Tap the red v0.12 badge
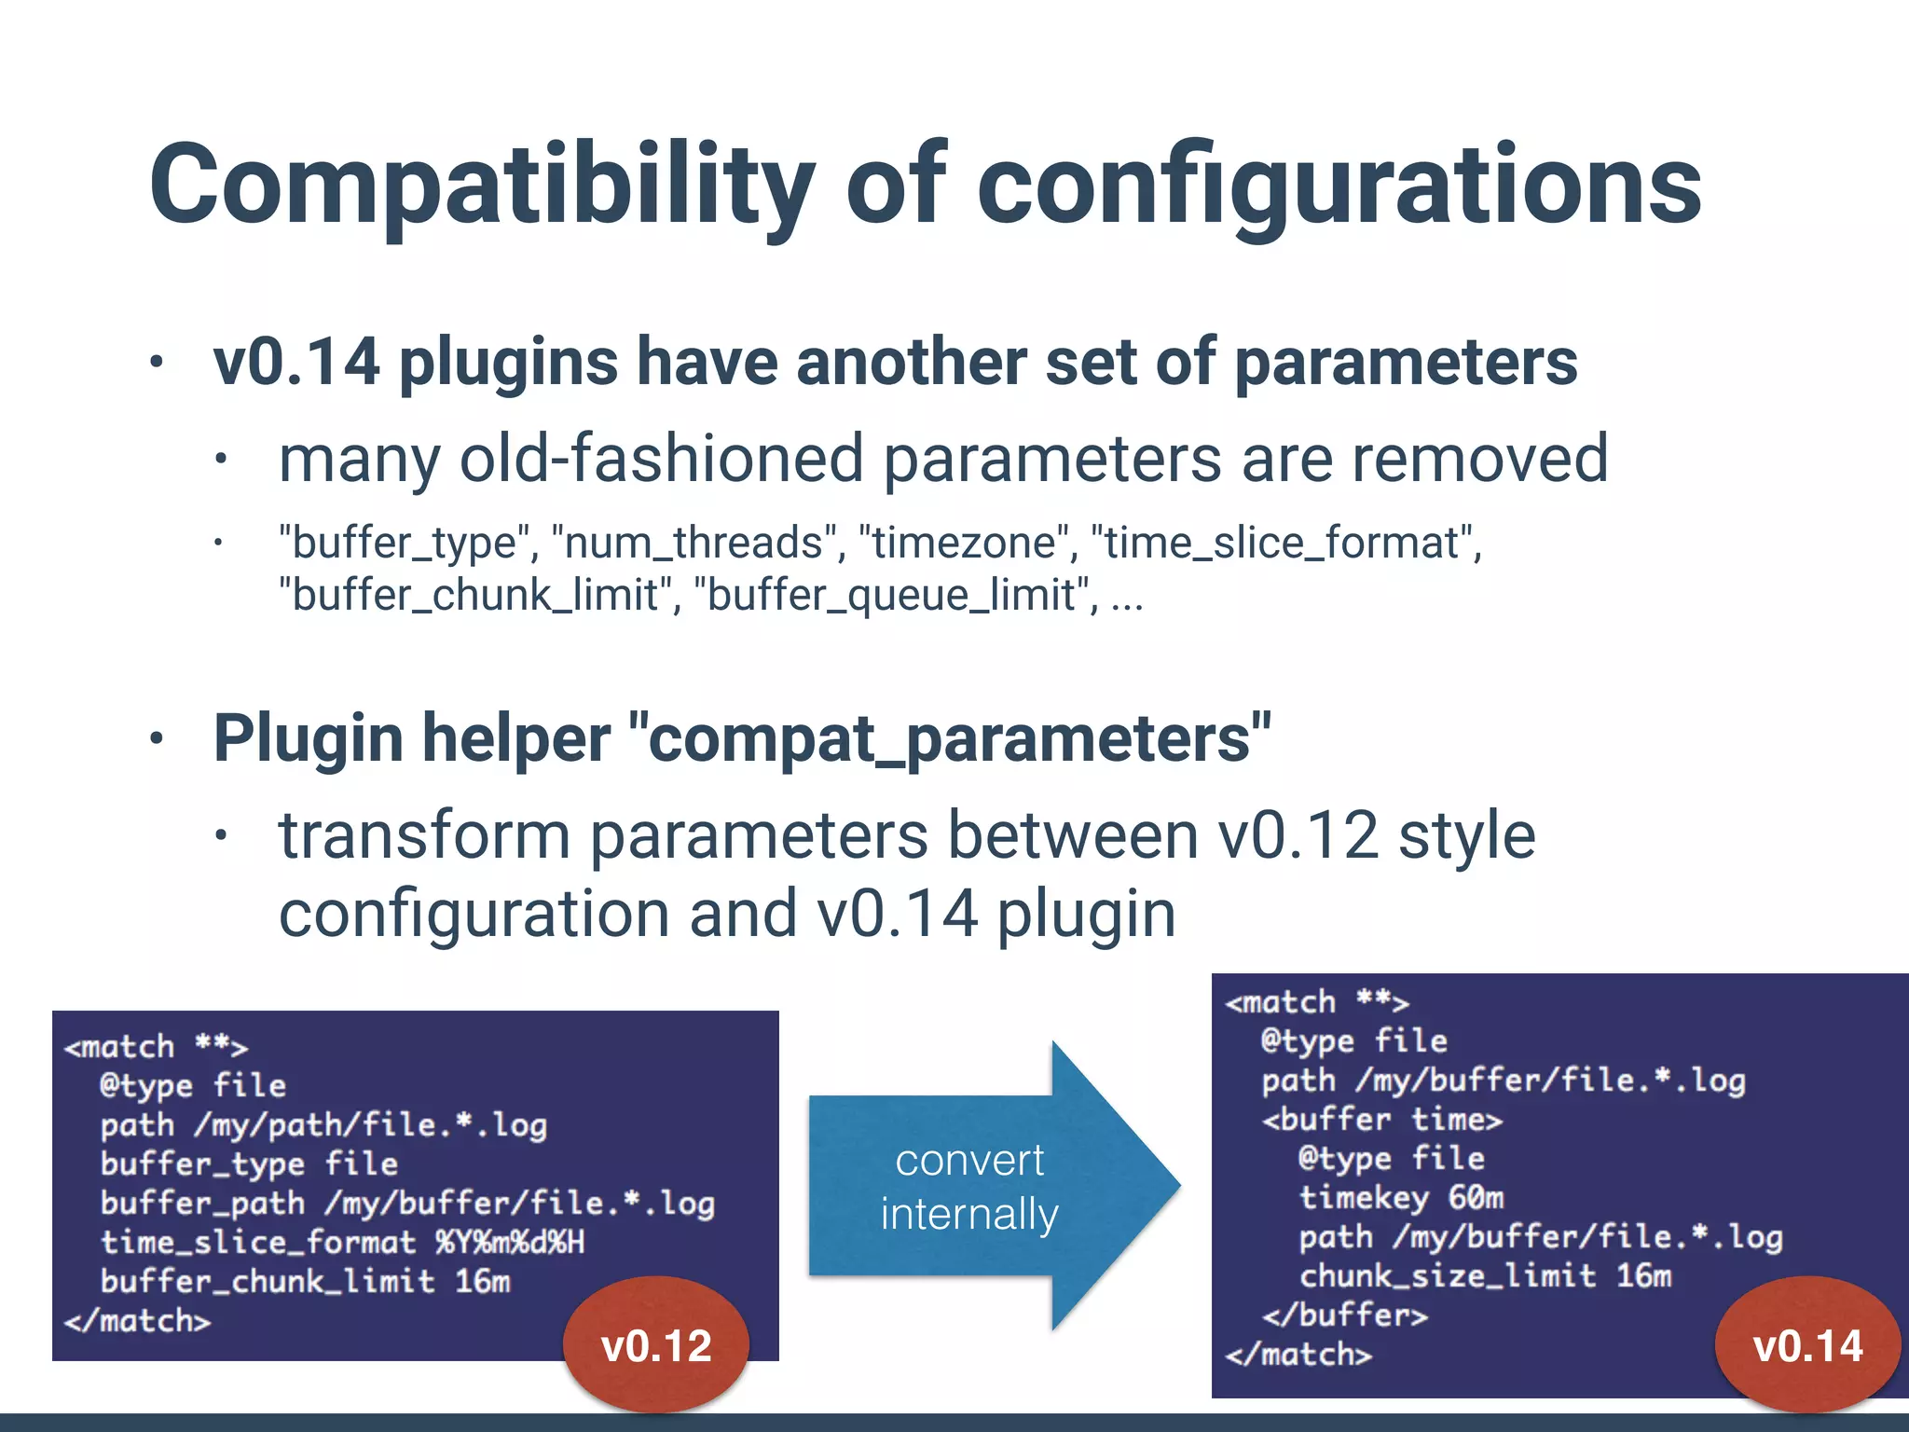(656, 1344)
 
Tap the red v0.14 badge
(1807, 1344)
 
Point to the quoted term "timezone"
(964, 543)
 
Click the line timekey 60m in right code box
(1401, 1197)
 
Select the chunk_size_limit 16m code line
(1485, 1275)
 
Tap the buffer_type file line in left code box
(249, 1163)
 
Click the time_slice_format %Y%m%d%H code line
(342, 1242)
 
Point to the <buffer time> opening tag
(1382, 1119)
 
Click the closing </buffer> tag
(1344, 1315)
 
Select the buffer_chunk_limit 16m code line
(305, 1281)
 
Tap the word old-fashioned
(662, 459)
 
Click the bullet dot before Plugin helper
(157, 739)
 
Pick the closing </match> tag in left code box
(137, 1320)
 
